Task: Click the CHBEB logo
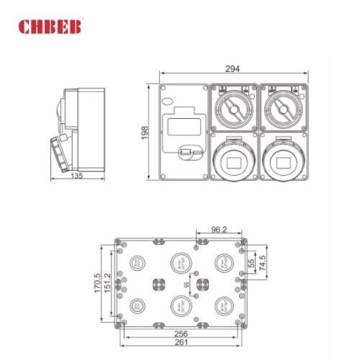(52, 27)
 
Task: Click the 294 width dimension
(232, 69)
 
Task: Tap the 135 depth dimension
(77, 174)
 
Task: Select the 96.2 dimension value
(219, 230)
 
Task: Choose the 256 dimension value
(182, 334)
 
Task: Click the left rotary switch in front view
(233, 108)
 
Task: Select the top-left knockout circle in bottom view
(136, 262)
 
